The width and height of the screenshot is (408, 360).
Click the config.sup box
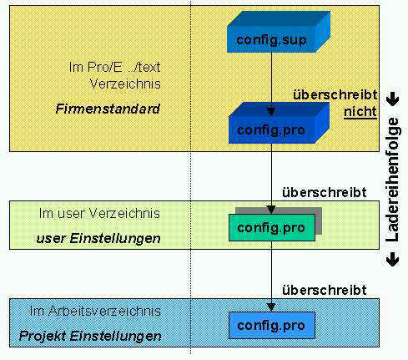(x=278, y=32)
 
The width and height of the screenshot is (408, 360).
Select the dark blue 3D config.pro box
(x=279, y=123)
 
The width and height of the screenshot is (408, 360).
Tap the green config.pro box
(x=272, y=227)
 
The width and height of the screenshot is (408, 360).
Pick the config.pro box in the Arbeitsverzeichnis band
(x=272, y=325)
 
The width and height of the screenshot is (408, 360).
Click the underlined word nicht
(x=360, y=112)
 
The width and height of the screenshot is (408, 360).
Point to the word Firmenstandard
(x=108, y=109)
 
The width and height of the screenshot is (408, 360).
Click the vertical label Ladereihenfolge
(x=392, y=180)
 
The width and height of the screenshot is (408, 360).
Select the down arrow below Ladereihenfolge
(x=393, y=260)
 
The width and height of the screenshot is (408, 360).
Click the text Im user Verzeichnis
(x=99, y=214)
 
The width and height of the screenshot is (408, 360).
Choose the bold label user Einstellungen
(x=98, y=238)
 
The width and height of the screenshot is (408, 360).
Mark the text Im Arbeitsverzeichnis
(x=95, y=311)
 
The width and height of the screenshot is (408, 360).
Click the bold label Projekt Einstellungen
(x=90, y=336)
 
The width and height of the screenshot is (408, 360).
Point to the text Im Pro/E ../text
(x=114, y=67)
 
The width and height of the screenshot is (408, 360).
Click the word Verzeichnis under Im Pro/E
(x=125, y=84)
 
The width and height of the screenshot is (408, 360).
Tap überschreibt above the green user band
(x=325, y=193)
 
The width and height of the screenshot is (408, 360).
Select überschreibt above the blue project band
(x=325, y=290)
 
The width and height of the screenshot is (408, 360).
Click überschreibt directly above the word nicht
(x=335, y=95)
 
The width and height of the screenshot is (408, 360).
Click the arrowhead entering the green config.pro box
(x=271, y=210)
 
